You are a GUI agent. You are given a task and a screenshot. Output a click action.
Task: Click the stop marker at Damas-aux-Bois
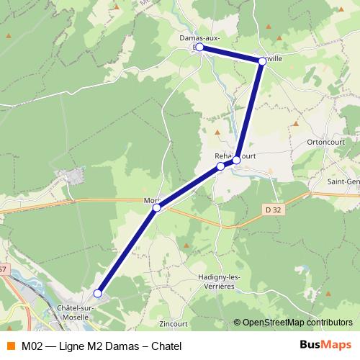click(199, 48)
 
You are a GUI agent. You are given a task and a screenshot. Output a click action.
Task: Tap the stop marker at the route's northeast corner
click(262, 62)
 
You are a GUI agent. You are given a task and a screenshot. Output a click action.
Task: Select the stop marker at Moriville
click(156, 208)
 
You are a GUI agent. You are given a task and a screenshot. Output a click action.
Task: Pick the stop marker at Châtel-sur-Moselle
click(97, 293)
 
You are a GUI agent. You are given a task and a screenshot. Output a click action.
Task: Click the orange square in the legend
click(10, 346)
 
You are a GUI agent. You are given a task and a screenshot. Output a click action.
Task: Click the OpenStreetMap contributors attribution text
click(297, 323)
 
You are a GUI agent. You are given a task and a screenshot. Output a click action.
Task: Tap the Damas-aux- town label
click(199, 37)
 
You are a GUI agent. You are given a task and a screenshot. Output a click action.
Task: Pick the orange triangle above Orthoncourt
click(296, 125)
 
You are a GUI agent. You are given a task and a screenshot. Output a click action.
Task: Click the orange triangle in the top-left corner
click(9, 35)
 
